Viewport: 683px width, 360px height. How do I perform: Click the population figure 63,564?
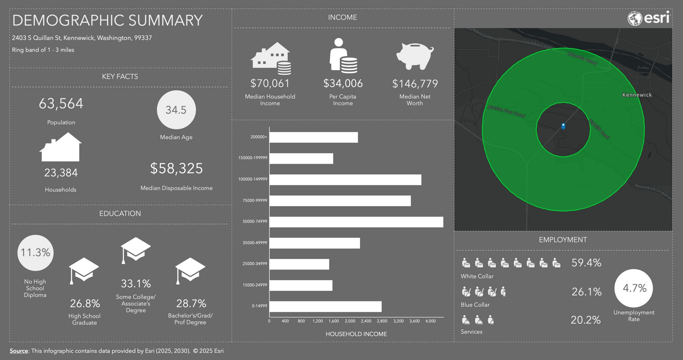click(x=61, y=103)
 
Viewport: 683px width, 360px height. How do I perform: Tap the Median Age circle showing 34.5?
click(x=176, y=110)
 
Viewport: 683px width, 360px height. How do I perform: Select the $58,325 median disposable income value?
click(x=177, y=168)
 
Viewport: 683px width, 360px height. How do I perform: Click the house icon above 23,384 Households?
click(x=60, y=147)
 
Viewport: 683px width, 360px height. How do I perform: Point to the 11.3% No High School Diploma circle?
click(x=36, y=253)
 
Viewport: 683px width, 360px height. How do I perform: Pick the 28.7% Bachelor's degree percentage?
click(x=191, y=303)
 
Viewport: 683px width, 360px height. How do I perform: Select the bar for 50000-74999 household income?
click(x=356, y=222)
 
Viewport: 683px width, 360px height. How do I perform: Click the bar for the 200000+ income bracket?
click(x=313, y=137)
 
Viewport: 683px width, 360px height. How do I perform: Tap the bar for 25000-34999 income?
click(x=299, y=264)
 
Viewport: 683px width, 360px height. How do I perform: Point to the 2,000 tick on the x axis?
click(x=350, y=321)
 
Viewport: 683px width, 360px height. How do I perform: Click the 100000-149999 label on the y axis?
click(x=253, y=179)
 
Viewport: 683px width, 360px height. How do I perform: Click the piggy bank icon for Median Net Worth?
click(x=415, y=56)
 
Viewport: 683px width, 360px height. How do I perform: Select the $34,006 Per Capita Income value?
click(x=343, y=83)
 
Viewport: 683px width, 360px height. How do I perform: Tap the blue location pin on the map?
click(x=563, y=126)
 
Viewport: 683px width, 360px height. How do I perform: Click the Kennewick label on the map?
click(x=637, y=95)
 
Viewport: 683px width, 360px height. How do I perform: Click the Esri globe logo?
click(x=635, y=18)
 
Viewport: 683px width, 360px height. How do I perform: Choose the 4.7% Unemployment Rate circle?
click(x=633, y=288)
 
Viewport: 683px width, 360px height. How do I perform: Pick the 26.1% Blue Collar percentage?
click(x=586, y=292)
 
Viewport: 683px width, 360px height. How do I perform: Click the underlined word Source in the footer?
click(x=19, y=351)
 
